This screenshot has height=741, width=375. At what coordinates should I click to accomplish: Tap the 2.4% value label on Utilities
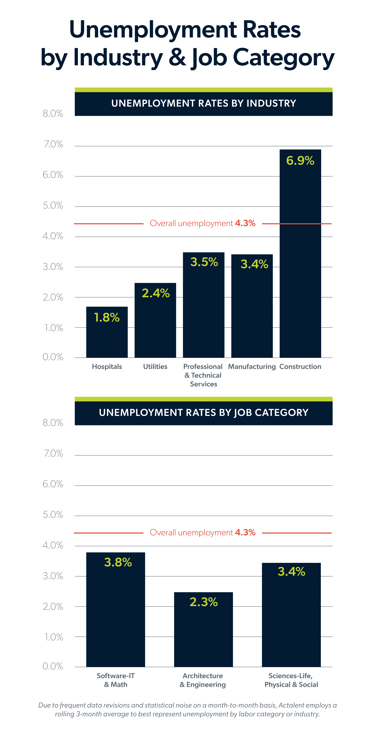(x=155, y=293)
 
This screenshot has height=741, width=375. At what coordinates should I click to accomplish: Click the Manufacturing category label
(x=252, y=366)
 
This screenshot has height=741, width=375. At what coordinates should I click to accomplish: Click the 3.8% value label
(x=118, y=562)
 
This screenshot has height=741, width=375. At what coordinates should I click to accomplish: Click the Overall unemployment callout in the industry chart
(x=203, y=224)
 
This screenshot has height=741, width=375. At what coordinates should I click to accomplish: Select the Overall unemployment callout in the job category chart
(x=203, y=533)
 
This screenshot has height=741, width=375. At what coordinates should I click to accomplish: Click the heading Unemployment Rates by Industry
(x=203, y=103)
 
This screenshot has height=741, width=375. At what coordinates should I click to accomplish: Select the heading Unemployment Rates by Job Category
(x=203, y=412)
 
